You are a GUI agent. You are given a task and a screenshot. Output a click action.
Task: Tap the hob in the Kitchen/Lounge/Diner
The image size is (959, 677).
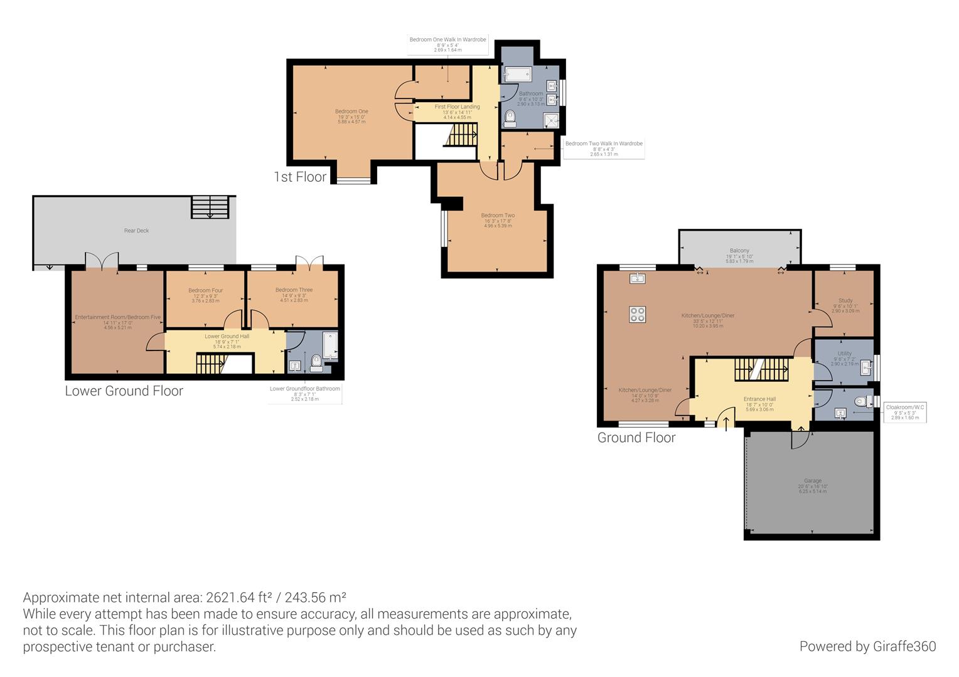point(638,314)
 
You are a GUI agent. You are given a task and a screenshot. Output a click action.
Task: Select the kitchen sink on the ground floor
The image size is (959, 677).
point(638,278)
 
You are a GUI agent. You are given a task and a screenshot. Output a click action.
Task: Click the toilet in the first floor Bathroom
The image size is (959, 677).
point(510,117)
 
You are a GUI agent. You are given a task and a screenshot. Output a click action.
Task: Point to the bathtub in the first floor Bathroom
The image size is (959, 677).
point(518,75)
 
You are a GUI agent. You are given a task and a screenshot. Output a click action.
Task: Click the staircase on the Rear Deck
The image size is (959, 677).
point(210,207)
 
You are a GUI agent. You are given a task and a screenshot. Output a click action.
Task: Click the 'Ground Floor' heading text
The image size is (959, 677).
point(636,438)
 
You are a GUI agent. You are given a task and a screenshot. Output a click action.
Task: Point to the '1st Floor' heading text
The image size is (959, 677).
point(300,177)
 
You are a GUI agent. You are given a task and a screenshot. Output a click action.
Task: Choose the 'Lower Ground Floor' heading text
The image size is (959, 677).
point(124,391)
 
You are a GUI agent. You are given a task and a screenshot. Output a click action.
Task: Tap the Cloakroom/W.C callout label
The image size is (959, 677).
point(904,412)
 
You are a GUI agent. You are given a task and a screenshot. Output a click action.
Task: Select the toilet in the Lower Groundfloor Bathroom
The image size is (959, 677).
point(316,363)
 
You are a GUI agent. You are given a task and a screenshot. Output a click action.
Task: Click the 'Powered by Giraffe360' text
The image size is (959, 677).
point(867,646)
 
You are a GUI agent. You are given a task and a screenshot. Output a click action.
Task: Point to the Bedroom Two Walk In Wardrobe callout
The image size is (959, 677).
point(603,148)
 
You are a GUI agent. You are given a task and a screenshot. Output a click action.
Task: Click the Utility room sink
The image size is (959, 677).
point(867,366)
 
